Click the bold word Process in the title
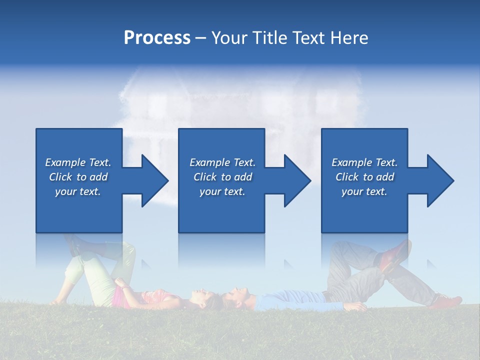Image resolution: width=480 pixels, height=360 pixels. [x=157, y=38]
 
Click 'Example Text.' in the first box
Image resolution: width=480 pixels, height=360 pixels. [x=78, y=162]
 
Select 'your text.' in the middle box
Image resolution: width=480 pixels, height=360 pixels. [x=222, y=191]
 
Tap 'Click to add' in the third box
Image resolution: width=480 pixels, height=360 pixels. [x=364, y=177]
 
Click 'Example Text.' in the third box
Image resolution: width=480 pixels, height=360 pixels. [x=364, y=162]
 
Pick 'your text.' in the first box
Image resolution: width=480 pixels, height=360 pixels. [x=78, y=191]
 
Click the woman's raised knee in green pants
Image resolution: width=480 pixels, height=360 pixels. [x=127, y=250]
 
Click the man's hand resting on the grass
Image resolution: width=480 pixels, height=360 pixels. [x=356, y=306]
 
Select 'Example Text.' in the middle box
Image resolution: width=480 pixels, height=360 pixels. [x=222, y=162]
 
